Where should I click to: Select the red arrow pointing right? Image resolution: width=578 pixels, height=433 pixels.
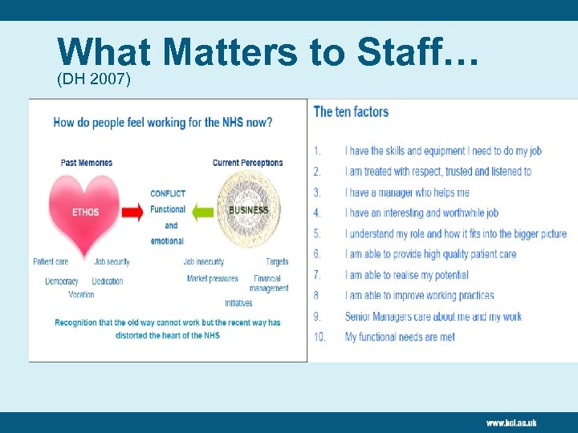pyautogui.click(x=134, y=212)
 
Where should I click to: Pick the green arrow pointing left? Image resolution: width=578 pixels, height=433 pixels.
pyautogui.click(x=201, y=212)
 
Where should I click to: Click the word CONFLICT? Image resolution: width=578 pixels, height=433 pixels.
pyautogui.click(x=168, y=193)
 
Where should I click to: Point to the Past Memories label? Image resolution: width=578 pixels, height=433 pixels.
pyautogui.click(x=87, y=163)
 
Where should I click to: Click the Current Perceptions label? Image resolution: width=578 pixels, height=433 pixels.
pyautogui.click(x=247, y=163)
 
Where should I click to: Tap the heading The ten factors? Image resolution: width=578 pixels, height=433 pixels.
pyautogui.click(x=351, y=111)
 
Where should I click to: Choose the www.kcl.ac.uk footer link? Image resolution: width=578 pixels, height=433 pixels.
pyautogui.click(x=511, y=423)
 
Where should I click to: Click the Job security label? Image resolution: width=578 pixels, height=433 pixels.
pyautogui.click(x=112, y=261)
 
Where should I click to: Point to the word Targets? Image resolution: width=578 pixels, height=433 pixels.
pyautogui.click(x=277, y=261)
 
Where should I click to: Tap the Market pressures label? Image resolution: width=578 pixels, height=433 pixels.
pyautogui.click(x=213, y=279)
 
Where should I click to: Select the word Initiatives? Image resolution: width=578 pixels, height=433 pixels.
pyautogui.click(x=238, y=303)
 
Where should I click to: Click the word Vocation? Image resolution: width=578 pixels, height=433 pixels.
pyautogui.click(x=81, y=294)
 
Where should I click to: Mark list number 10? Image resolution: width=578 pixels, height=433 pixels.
pyautogui.click(x=320, y=337)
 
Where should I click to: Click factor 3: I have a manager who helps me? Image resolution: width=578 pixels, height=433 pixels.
pyautogui.click(x=407, y=192)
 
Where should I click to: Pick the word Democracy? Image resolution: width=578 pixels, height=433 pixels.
pyautogui.click(x=62, y=281)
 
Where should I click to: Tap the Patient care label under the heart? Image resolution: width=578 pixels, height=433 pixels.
pyautogui.click(x=51, y=261)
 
